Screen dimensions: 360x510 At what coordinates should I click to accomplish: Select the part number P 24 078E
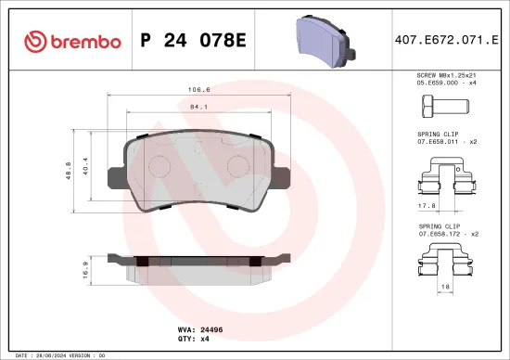192,41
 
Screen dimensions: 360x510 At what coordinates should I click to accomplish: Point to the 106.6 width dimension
198,91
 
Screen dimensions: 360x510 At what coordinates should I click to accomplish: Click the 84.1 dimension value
198,107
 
